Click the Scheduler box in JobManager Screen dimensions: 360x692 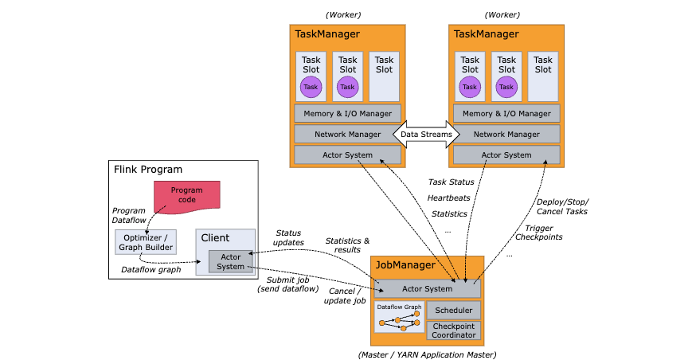454,310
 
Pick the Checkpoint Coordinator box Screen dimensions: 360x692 454,330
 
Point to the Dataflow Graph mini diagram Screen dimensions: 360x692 399,316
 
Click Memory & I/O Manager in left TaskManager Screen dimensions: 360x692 347,114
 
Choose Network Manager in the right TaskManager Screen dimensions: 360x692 506,134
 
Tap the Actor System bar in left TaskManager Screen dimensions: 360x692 347,154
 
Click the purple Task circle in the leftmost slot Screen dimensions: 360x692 311,87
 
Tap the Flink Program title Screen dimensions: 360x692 149,170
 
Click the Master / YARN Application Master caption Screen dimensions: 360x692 427,353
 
